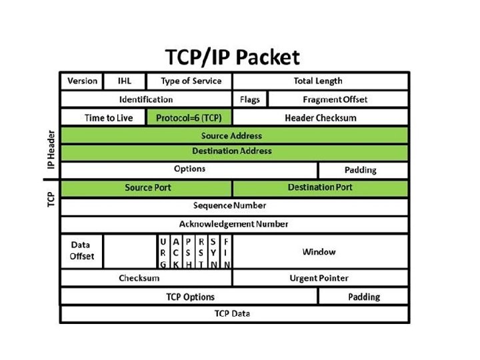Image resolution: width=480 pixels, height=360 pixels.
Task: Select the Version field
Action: tap(82, 81)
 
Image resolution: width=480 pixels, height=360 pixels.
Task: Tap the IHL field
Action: tap(124, 81)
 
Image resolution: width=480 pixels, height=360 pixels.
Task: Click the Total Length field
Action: tap(318, 81)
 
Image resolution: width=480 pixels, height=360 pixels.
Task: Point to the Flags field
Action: tap(249, 99)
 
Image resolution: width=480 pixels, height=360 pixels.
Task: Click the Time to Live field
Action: tap(108, 118)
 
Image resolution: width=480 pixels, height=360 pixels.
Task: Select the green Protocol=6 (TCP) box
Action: tap(189, 118)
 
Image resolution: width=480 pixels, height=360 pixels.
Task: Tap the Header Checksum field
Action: tap(320, 118)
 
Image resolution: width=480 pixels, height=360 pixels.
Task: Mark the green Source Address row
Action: tap(233, 135)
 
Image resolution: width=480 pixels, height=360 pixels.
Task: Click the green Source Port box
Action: tap(147, 187)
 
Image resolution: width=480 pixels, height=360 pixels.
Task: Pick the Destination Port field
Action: tap(320, 187)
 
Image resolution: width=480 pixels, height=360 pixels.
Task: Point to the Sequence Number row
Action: tap(233, 205)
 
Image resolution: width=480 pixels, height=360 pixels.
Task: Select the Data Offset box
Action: tap(82, 251)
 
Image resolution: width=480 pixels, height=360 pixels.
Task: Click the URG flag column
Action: tap(163, 252)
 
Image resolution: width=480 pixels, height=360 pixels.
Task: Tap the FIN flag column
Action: tap(227, 252)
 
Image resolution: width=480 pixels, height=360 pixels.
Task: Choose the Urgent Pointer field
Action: tap(319, 278)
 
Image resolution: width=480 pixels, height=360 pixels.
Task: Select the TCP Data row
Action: tap(233, 313)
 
